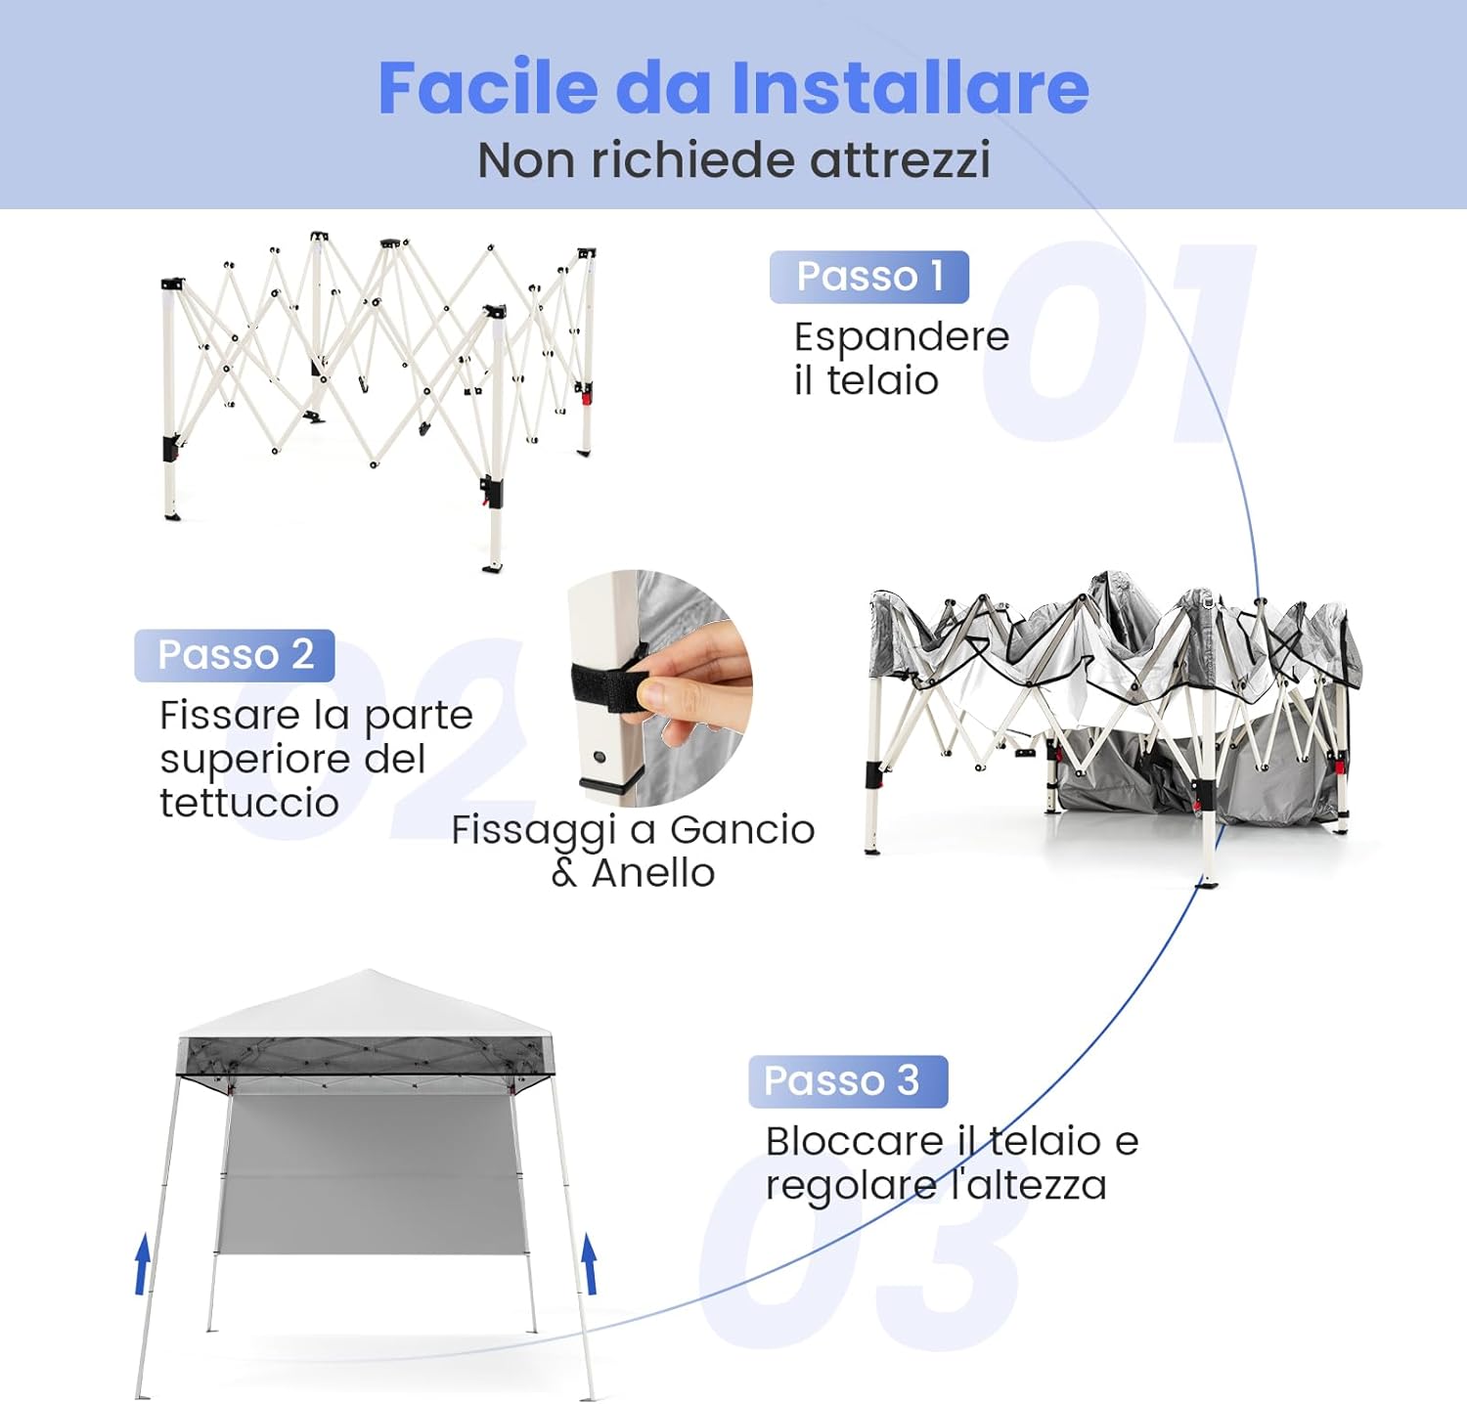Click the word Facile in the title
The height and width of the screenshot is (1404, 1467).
pyautogui.click(x=486, y=88)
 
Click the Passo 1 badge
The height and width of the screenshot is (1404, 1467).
pyautogui.click(x=868, y=277)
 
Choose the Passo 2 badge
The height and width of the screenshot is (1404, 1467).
pyautogui.click(x=235, y=655)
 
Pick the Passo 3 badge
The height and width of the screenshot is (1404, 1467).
pyautogui.click(x=847, y=1081)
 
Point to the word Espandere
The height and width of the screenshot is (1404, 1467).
pyautogui.click(x=901, y=337)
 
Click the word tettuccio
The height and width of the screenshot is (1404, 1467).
pyautogui.click(x=249, y=804)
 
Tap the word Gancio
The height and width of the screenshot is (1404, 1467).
pyautogui.click(x=742, y=830)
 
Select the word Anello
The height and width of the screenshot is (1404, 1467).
pyautogui.click(x=653, y=873)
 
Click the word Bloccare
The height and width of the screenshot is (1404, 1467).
pyautogui.click(x=855, y=1141)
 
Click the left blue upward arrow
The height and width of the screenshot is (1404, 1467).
pyautogui.click(x=143, y=1263)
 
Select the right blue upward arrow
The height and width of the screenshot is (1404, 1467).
pyautogui.click(x=590, y=1263)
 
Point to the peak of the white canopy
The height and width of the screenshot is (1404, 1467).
pyautogui.click(x=369, y=974)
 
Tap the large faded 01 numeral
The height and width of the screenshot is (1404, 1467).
pyautogui.click(x=1115, y=342)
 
